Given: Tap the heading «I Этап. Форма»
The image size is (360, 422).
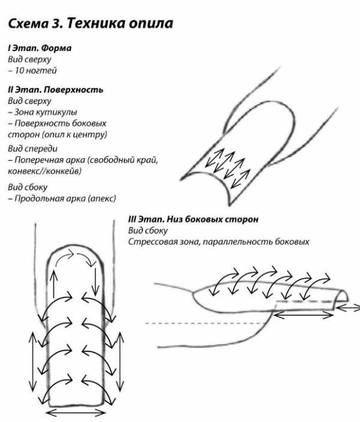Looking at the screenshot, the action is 40,48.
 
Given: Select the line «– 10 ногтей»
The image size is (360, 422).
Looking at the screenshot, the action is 32,71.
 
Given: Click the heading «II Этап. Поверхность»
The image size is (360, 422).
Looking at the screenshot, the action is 56,90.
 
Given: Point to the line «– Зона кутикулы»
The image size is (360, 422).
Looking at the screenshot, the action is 43,112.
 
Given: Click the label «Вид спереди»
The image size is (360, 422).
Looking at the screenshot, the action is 32,149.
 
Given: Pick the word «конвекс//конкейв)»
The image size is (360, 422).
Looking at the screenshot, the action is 44,171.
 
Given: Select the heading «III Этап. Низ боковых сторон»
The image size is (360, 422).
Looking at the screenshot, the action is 193,219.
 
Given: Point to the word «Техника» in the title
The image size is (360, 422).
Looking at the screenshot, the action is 96,24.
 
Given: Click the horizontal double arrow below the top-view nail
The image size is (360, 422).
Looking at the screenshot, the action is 76,412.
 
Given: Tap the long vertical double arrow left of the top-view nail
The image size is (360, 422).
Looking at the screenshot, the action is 33,361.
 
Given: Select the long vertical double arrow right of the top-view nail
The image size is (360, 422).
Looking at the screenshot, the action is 120,361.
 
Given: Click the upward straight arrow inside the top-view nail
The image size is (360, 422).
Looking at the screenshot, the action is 54,284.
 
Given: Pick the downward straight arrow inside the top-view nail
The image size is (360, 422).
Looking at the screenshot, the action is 95,281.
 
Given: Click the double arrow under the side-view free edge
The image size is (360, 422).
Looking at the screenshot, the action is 303,315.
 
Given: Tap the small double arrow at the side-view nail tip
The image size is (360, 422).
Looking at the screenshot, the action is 348,308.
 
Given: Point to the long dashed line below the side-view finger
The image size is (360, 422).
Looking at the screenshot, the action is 206,323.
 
